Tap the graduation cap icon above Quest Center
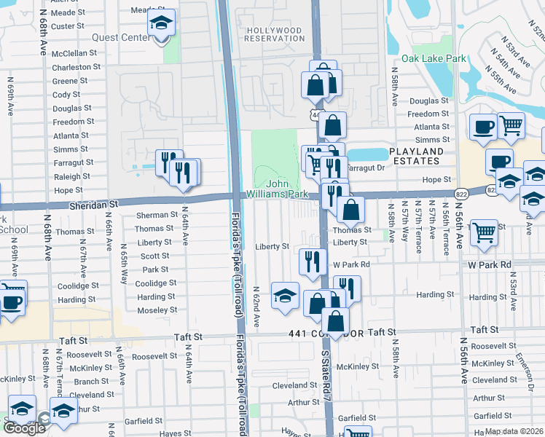[x=161, y=24]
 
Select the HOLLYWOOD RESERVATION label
[x=274, y=34]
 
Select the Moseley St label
[x=157, y=310]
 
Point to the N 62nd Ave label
[x=256, y=306]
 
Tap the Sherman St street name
[x=157, y=215]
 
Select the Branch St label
[x=91, y=382]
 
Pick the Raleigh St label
[x=71, y=176]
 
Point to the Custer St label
[x=68, y=25]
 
